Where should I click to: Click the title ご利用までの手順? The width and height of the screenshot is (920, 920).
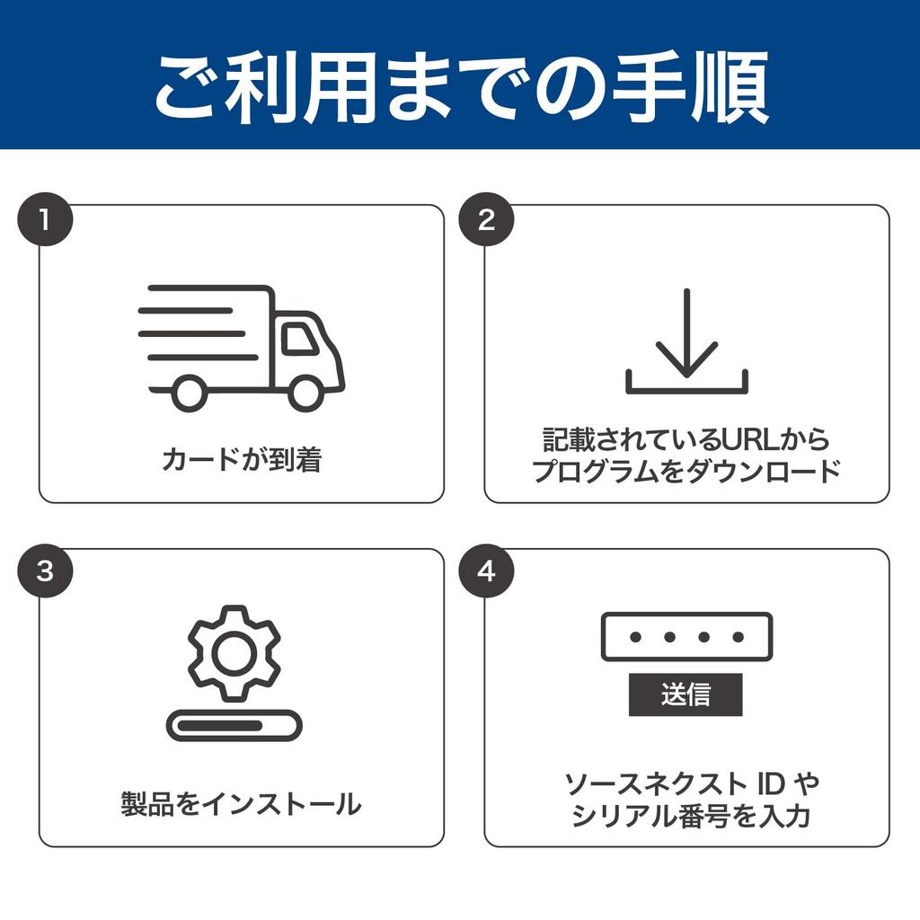(460, 88)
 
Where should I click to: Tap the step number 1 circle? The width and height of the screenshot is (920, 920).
(45, 220)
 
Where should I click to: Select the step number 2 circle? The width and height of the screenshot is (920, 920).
(486, 220)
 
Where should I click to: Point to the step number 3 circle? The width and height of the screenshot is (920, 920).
(45, 571)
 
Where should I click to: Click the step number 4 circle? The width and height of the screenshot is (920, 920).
(486, 571)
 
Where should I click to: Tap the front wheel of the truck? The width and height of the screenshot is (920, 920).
(305, 393)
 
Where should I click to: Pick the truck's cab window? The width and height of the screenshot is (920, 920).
(299, 338)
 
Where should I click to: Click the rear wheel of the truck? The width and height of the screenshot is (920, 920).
(189, 393)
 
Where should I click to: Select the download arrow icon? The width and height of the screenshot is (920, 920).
(686, 341)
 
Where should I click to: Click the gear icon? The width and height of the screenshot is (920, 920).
(234, 653)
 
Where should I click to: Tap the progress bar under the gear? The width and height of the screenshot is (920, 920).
(234, 725)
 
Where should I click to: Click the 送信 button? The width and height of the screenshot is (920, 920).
(686, 694)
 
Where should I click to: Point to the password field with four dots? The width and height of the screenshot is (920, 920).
(686, 637)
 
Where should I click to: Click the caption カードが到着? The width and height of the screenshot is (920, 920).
(241, 460)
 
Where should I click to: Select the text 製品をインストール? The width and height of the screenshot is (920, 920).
(241, 803)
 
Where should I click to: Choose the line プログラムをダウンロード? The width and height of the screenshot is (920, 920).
(686, 472)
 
